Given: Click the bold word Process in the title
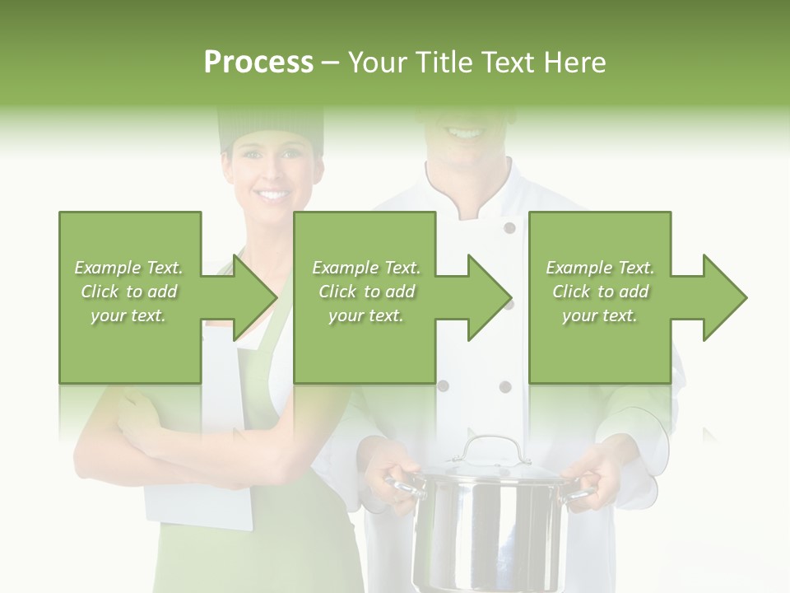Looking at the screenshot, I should pos(258,63).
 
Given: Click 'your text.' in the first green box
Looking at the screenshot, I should pos(128,315).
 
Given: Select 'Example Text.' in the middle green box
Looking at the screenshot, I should pos(366,268).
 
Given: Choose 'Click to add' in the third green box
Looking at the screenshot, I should pos(601,292).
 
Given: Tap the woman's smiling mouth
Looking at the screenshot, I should pos(271,195).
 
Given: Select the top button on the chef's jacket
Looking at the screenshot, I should pos(509,228).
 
